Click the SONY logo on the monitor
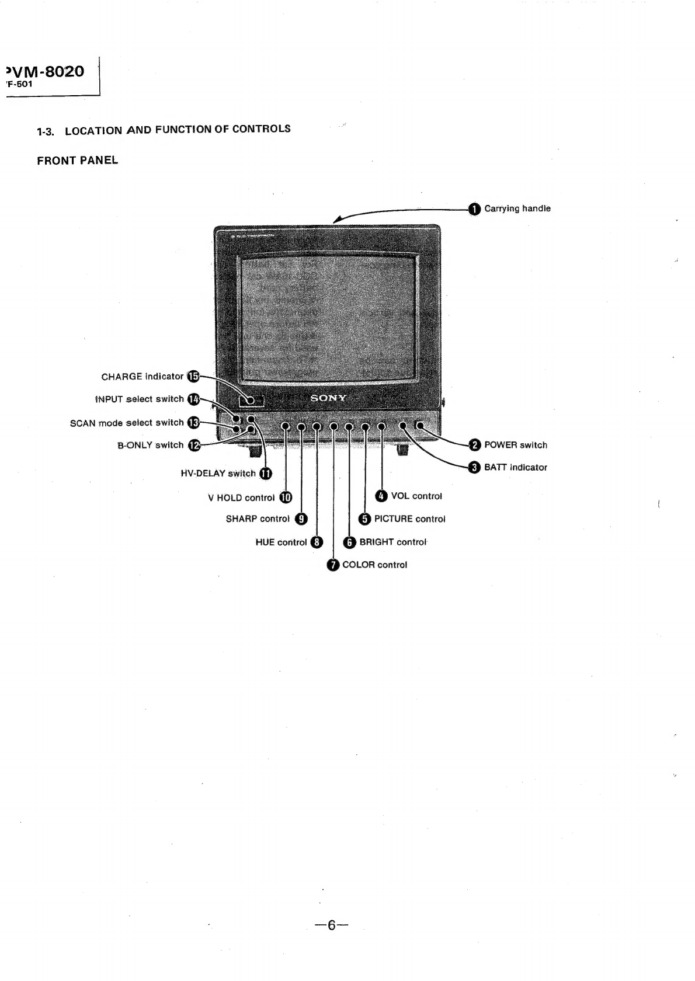328,398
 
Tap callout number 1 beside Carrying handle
474,209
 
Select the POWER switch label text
516,445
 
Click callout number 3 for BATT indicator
474,468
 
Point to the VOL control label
416,496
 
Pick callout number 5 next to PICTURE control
364,519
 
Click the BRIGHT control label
393,542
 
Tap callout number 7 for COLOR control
333,565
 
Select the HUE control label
281,542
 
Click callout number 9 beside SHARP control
301,519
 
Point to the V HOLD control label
241,498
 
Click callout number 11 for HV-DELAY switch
266,474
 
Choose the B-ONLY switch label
151,445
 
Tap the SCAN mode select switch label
127,423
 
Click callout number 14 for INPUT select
193,399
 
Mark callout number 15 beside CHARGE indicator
193,376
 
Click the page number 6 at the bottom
332,925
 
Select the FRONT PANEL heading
78,160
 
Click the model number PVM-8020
44,71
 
